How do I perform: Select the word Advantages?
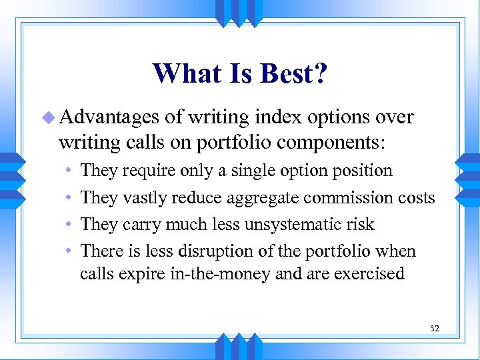pyautogui.click(x=109, y=117)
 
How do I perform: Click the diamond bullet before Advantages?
pyautogui.click(x=48, y=118)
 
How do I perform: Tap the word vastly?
pyautogui.click(x=146, y=198)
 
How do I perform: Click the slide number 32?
pyautogui.click(x=435, y=329)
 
